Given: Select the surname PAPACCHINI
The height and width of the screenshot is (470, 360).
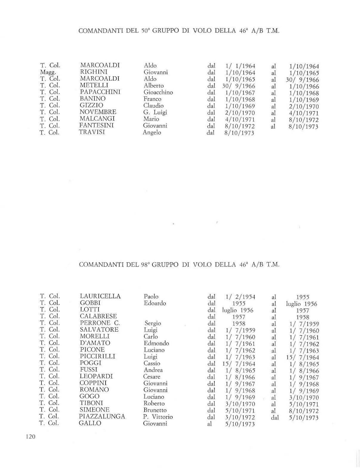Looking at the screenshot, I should point(100,92).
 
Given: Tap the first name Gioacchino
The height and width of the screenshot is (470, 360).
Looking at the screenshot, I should point(158,92).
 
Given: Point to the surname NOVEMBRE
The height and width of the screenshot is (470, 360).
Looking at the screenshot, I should point(98,112).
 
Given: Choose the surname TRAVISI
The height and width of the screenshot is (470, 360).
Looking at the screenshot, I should point(92,132).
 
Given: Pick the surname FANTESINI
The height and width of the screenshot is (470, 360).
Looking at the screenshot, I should point(97,126).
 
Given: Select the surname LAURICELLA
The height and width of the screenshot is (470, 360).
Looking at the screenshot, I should point(100,296).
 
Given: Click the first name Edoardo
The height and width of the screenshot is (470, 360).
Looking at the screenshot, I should point(155,303).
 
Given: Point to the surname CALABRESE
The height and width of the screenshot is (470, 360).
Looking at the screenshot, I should point(98,316).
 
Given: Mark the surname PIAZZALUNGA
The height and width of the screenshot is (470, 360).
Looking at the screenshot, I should point(102,416).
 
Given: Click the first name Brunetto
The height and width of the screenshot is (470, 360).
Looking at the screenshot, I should point(155,410).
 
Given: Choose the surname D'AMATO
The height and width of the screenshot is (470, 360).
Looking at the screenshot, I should point(95,343).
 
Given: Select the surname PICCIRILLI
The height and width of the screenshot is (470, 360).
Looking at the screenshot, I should point(97,356).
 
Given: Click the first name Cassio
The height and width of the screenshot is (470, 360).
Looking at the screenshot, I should point(152,363).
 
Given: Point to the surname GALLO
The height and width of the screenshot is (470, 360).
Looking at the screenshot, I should point(90,423).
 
